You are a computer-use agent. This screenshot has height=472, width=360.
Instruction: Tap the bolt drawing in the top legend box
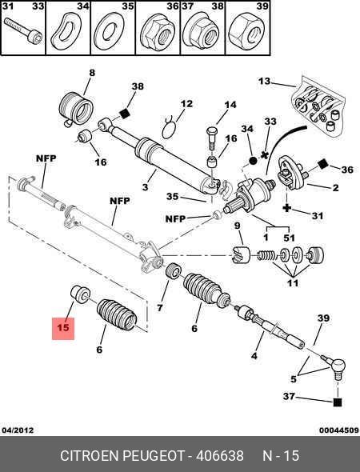click(x=23, y=31)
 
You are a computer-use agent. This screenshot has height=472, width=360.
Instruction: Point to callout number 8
click(x=92, y=73)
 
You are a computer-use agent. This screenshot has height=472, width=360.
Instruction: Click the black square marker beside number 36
click(x=323, y=163)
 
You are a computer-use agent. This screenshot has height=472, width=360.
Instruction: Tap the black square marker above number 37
click(x=338, y=402)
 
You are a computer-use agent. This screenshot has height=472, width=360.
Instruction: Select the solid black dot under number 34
click(x=253, y=161)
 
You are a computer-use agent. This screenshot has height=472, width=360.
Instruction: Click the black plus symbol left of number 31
click(x=287, y=208)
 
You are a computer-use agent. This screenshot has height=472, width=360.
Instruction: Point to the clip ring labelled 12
click(x=169, y=129)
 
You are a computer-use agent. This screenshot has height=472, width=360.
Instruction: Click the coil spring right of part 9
click(x=266, y=255)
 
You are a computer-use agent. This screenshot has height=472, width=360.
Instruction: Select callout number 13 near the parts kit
click(x=264, y=82)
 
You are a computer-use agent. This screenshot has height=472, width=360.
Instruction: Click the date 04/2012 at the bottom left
click(x=18, y=430)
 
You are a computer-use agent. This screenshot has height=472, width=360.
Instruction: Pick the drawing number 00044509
click(x=339, y=430)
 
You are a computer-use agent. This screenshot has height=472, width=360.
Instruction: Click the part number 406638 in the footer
click(x=220, y=456)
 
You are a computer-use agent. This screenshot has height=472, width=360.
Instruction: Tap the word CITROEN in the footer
click(x=90, y=456)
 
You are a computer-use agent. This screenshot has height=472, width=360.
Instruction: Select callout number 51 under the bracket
click(x=289, y=238)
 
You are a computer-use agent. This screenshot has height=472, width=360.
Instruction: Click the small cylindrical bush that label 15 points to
click(x=80, y=294)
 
